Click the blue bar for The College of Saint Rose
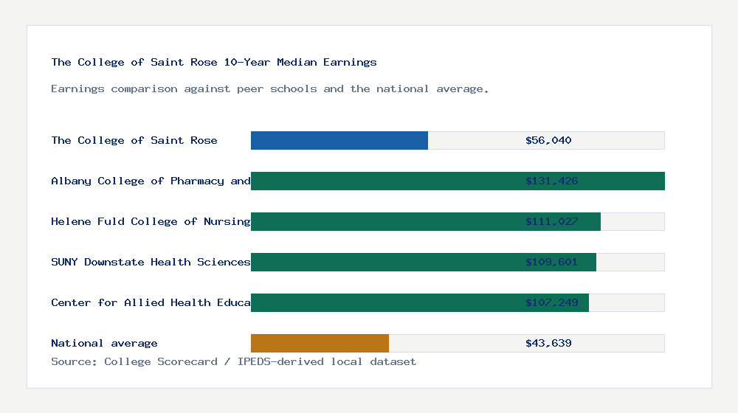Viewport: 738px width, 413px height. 339,140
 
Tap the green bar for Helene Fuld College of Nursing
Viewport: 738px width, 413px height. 384,221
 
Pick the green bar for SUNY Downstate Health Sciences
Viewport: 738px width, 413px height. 384,262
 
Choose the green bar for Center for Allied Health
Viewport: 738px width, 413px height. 384,302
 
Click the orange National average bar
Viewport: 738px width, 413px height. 320,343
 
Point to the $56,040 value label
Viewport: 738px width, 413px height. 548,140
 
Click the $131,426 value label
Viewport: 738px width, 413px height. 551,181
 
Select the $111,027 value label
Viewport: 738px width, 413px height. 551,221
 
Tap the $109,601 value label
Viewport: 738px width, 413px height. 551,262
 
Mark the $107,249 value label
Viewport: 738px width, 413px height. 551,302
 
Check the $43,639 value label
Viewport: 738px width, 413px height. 548,343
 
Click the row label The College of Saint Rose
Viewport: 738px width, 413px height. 134,140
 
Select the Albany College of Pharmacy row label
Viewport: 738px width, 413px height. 151,181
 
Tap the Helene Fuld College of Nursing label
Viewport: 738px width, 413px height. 151,221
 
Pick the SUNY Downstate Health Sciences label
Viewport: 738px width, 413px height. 151,262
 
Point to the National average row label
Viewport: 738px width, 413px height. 104,343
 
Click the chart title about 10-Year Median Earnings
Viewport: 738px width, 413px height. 214,62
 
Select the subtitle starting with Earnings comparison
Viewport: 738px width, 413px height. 270,88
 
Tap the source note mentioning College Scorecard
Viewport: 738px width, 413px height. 233,361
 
